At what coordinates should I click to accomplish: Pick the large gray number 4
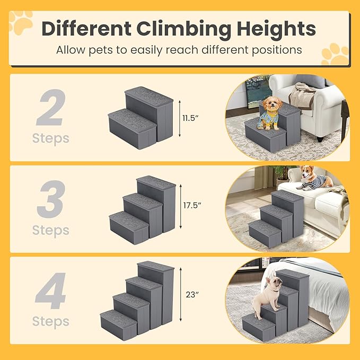51,292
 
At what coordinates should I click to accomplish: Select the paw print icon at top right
335,54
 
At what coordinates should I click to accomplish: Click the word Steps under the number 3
51,230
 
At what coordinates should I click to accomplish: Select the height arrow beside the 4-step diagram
181,295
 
